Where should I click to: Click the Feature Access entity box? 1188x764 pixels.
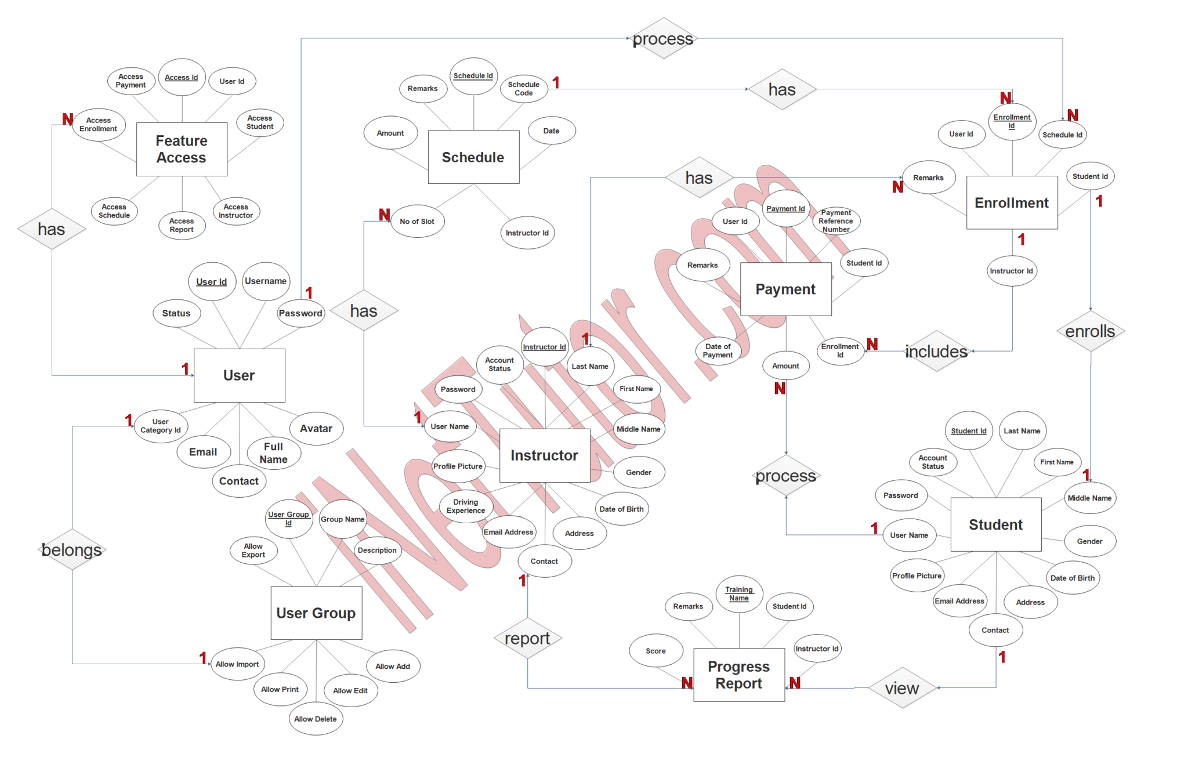click(x=182, y=149)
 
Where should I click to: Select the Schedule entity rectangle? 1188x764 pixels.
click(x=473, y=157)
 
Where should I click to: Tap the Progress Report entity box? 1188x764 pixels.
click(x=738, y=675)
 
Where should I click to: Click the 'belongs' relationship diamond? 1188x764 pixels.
click(x=73, y=549)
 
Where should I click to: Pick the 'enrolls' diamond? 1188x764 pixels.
click(x=1090, y=331)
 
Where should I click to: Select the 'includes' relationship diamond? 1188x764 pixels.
click(x=936, y=351)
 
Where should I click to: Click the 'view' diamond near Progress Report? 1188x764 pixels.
click(x=902, y=688)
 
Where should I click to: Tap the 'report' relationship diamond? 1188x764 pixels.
click(x=527, y=638)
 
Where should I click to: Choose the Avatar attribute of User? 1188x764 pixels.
click(x=316, y=429)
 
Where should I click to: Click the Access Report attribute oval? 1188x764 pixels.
click(x=182, y=225)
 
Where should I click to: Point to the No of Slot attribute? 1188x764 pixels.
click(x=417, y=222)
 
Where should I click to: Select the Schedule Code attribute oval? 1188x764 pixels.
click(x=524, y=89)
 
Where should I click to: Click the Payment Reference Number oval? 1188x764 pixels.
click(x=836, y=221)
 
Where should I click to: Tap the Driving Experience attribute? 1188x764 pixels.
click(x=466, y=506)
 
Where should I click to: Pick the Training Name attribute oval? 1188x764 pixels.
click(x=739, y=594)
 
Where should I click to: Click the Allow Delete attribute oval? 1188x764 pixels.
click(x=316, y=719)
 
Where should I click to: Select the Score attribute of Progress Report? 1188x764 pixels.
click(x=655, y=651)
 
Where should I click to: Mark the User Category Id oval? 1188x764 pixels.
click(x=161, y=426)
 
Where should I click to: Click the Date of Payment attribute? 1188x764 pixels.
click(x=718, y=350)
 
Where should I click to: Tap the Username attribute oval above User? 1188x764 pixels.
click(x=266, y=281)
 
